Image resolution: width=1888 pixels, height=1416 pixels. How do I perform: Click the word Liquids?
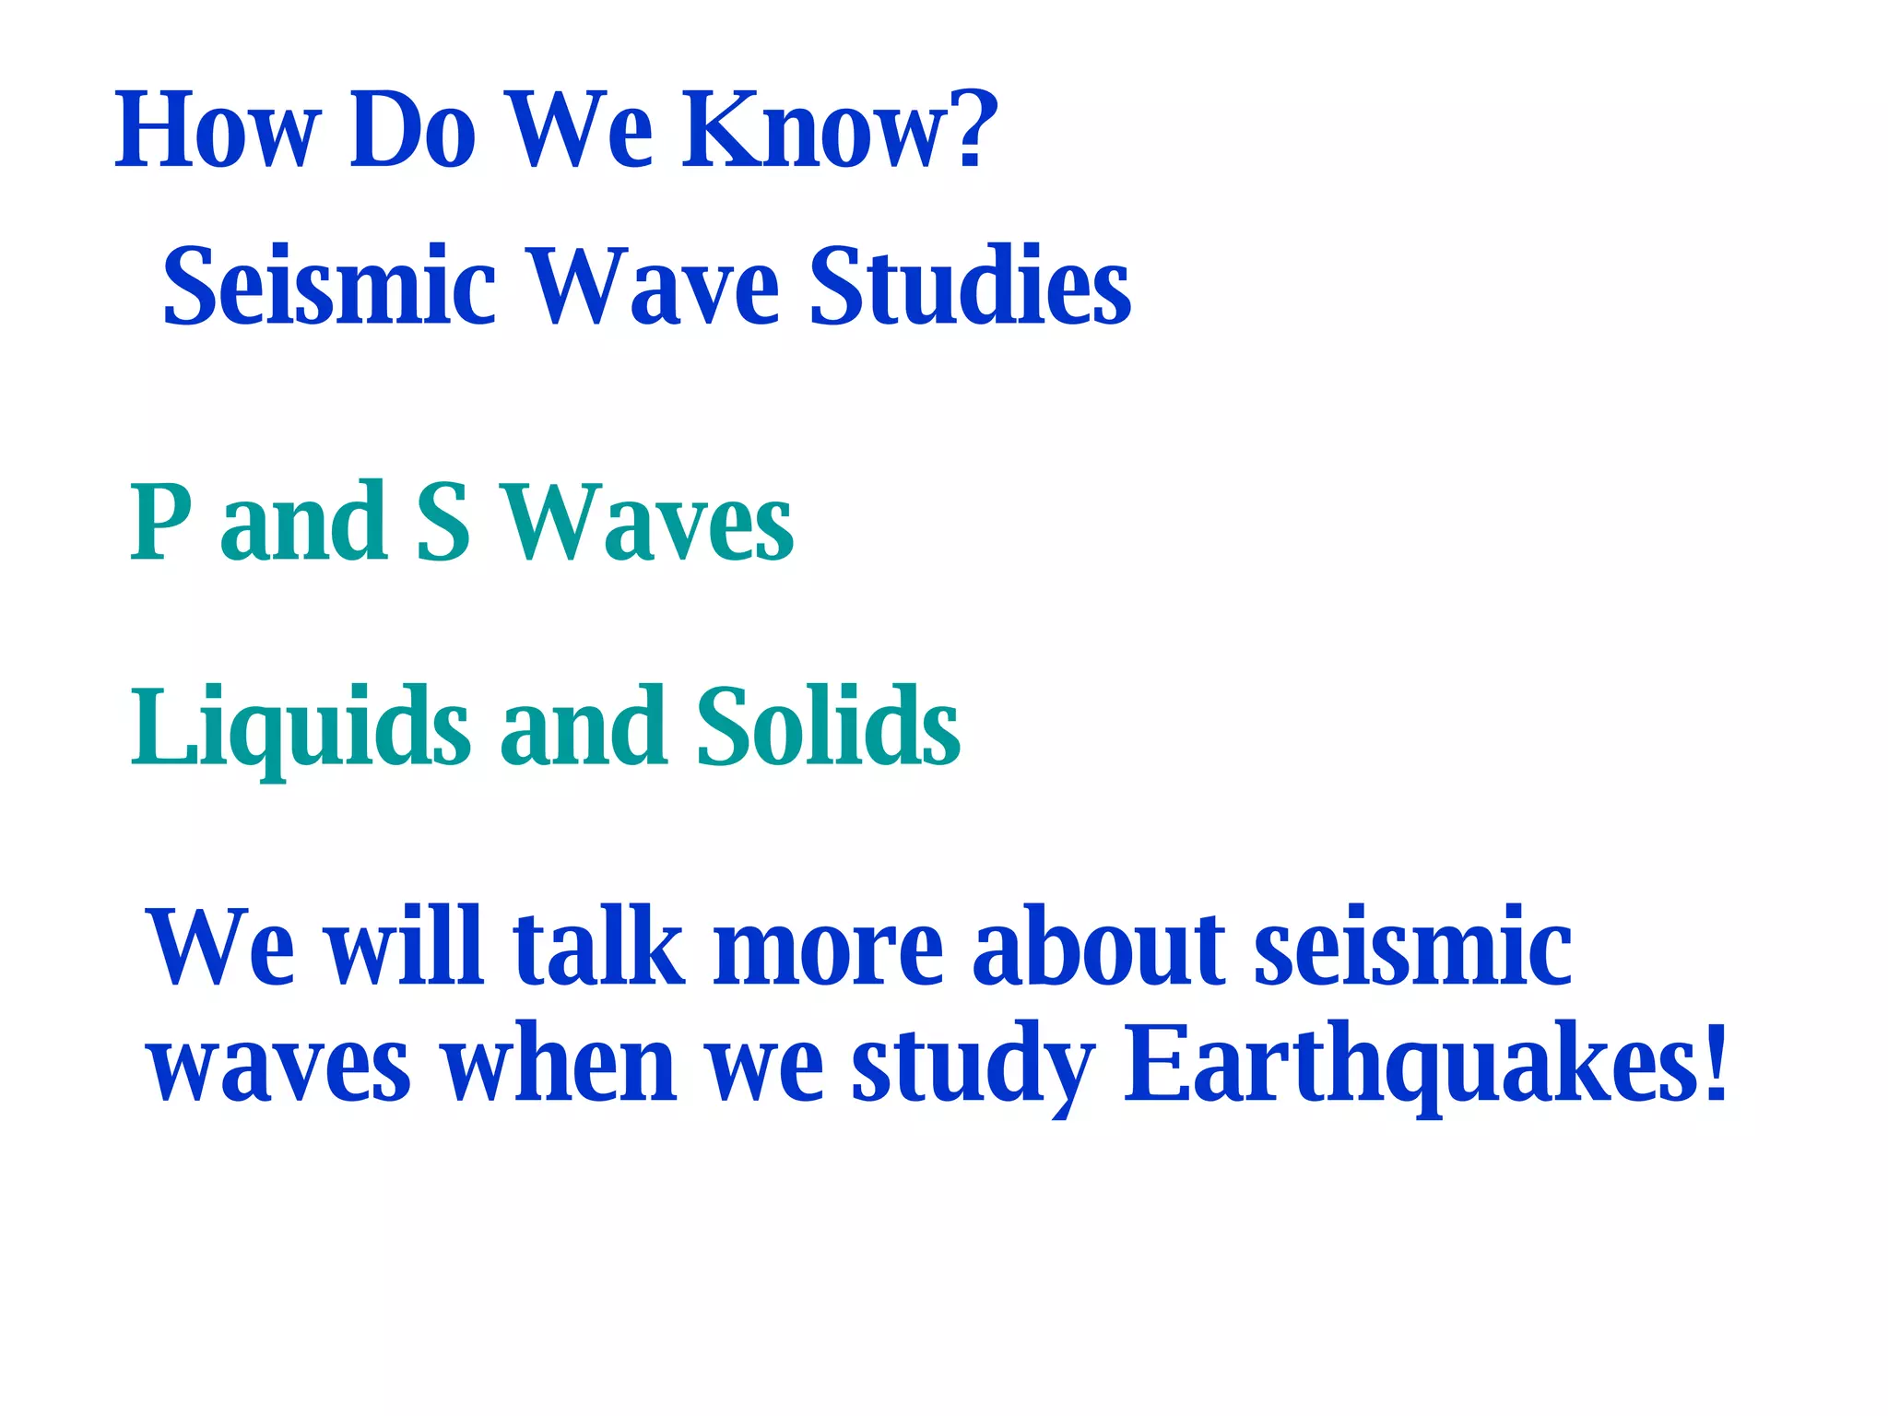coord(301,728)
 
